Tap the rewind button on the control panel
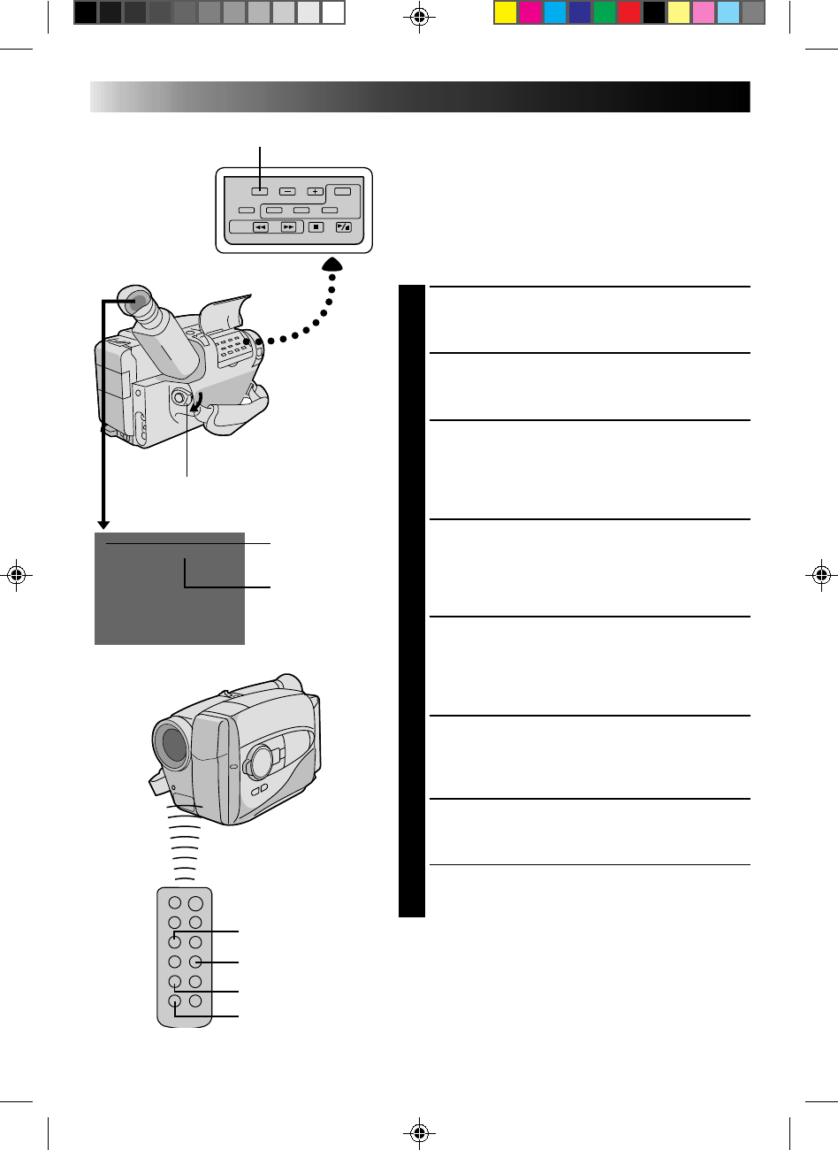(x=261, y=227)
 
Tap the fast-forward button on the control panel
(x=288, y=227)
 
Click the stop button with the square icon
(x=316, y=227)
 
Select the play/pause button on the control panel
(x=344, y=227)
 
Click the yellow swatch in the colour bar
(x=505, y=12)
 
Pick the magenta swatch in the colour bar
(x=529, y=12)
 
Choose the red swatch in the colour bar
(x=628, y=12)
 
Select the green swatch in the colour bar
(x=604, y=12)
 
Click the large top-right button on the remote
(x=195, y=905)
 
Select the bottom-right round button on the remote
(x=195, y=1001)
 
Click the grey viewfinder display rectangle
(x=169, y=588)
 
